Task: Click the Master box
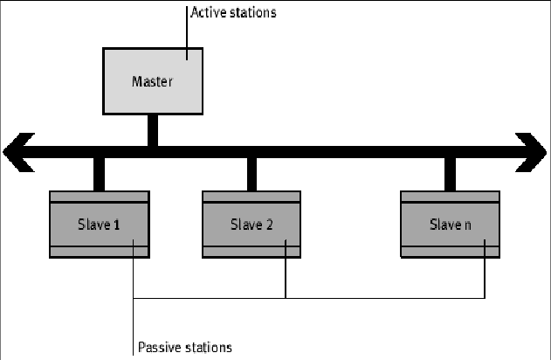point(154,82)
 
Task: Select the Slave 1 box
point(100,225)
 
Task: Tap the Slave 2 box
point(252,225)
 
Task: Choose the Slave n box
point(451,225)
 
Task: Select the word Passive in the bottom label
point(159,348)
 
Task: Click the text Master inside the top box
point(154,82)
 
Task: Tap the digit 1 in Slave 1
point(118,225)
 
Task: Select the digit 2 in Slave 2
point(270,225)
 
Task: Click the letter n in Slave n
point(467,225)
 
